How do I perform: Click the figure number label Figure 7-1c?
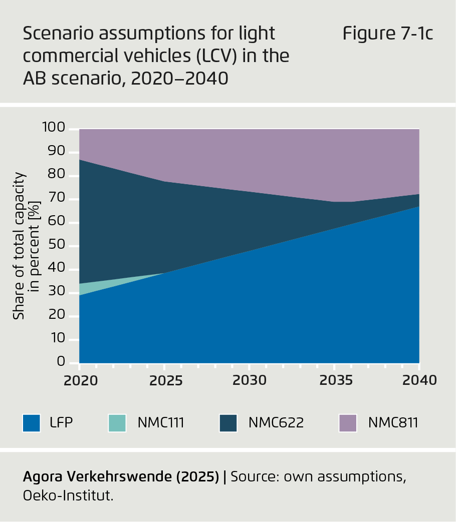387,34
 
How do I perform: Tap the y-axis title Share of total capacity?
19,245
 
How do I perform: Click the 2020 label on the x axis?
80,380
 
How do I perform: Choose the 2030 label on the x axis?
249,380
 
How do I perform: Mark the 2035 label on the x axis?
334,380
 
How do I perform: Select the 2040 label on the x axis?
419,380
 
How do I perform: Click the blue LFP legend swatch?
31,423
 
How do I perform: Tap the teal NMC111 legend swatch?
117,423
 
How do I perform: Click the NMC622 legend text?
276,423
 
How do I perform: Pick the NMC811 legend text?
393,423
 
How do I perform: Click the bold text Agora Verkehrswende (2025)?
121,477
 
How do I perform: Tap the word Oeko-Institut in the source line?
68,496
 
